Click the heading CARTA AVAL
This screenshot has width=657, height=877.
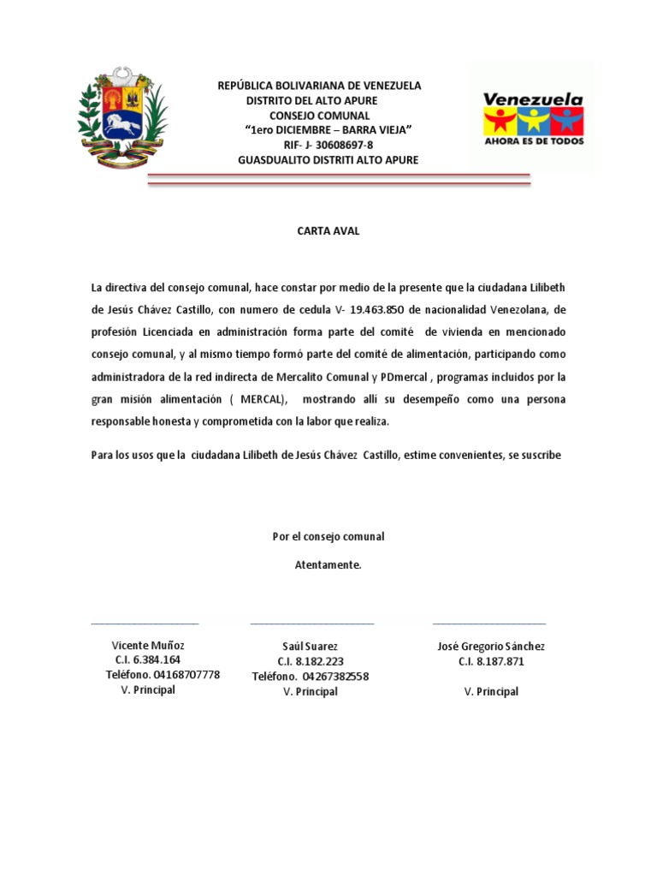328,230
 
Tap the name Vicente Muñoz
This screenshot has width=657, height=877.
148,645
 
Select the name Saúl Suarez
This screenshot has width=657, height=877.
311,646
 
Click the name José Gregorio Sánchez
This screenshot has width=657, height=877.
491,646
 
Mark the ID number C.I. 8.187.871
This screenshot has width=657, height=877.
491,662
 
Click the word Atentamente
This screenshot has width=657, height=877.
328,565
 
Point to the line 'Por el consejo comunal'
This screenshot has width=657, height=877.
328,537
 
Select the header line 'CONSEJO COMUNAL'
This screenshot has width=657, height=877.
320,116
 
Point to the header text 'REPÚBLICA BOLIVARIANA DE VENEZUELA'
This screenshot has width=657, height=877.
319,86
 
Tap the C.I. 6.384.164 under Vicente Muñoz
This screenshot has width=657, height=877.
148,660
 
